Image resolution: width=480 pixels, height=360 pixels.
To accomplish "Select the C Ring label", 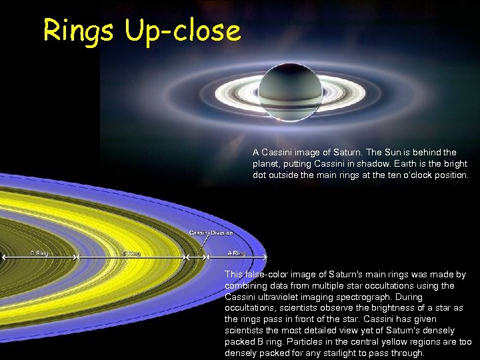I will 39,253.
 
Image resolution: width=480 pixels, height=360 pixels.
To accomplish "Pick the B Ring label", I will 131,253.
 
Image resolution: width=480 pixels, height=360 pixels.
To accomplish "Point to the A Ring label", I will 237,253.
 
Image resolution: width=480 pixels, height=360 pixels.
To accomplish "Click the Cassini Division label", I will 211,233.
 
